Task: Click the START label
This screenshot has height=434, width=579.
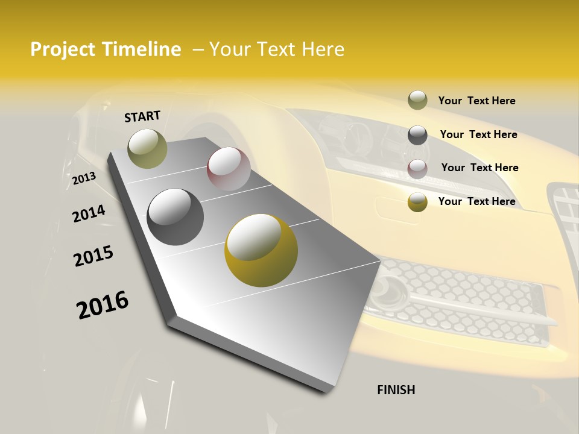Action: coord(142,116)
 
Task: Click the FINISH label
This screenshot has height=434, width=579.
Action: coord(396,390)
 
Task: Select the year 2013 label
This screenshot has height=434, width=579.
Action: coord(84,178)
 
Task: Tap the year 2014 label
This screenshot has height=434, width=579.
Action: coord(89,214)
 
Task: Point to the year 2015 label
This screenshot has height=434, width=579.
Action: coord(93,256)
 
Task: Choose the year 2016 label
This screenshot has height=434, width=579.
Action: coord(103,304)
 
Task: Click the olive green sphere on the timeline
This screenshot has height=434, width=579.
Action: coord(147,148)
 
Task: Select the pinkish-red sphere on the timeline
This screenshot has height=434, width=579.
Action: coord(229,169)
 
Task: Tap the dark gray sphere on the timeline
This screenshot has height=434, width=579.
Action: coord(175,217)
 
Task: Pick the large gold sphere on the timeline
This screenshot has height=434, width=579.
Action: coord(261,250)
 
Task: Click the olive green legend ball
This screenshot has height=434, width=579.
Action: coord(417,100)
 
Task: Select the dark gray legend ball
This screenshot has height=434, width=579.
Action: coord(417,134)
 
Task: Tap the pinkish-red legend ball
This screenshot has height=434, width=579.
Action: coord(417,168)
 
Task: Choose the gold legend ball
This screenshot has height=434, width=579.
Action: coord(417,202)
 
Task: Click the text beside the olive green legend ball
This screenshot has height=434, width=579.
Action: coord(476,101)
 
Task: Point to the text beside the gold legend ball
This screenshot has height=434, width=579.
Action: coord(476,201)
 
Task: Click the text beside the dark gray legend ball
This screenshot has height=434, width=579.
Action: coord(478,134)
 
